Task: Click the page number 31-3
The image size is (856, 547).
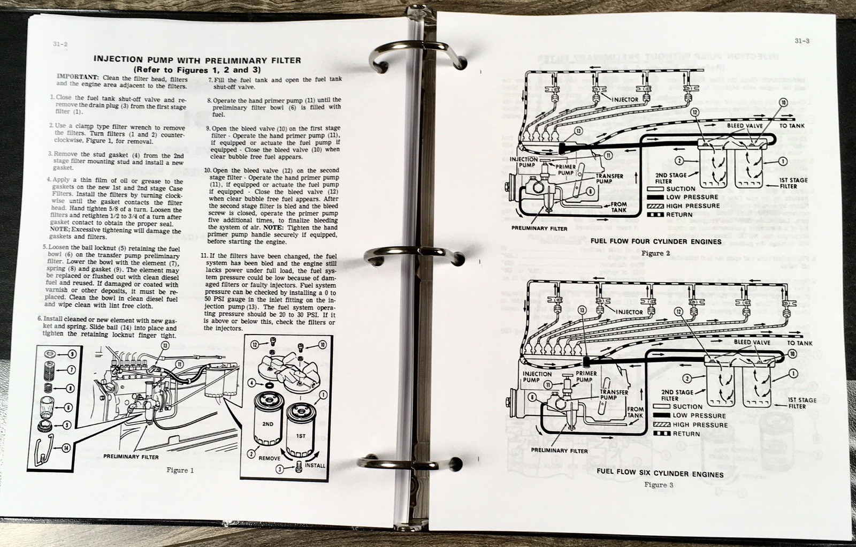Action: click(x=801, y=41)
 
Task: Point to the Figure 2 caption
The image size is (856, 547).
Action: click(x=656, y=253)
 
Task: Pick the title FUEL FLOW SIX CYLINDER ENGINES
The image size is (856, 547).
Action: click(x=660, y=473)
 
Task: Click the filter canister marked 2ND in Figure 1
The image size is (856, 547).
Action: click(x=267, y=423)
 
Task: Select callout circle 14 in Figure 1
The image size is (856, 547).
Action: click(x=66, y=448)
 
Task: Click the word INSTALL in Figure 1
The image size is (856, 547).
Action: click(x=315, y=465)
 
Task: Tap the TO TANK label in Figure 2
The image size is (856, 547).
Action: click(x=792, y=126)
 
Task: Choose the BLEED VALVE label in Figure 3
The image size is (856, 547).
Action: click(x=752, y=343)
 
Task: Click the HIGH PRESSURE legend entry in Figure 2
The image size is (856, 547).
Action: click(x=692, y=206)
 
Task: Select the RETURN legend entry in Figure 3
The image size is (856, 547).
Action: click(x=686, y=434)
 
